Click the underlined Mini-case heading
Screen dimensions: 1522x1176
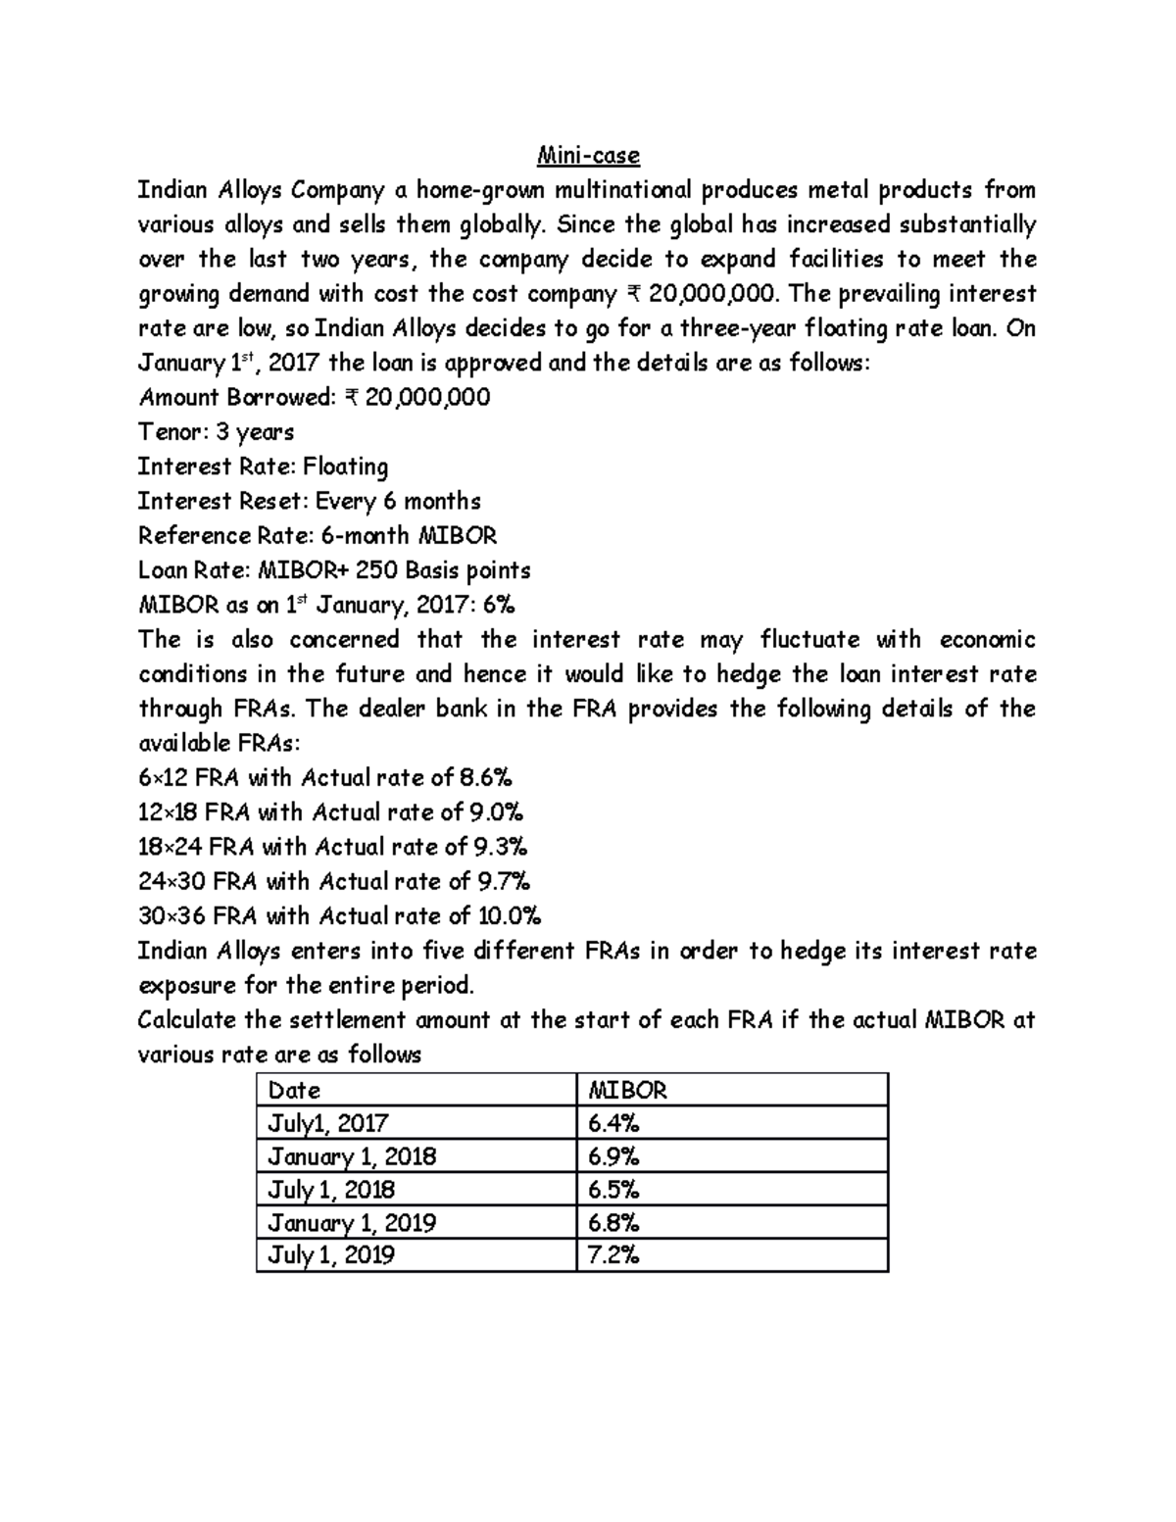(x=588, y=155)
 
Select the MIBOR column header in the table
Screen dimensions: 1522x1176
(x=626, y=1090)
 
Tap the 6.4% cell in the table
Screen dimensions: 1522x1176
(x=613, y=1123)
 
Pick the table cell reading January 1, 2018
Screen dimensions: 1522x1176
(x=352, y=1156)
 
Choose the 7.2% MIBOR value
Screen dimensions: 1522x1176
(x=613, y=1255)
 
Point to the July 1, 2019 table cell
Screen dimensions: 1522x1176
(x=331, y=1255)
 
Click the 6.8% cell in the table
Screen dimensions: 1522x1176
(x=613, y=1222)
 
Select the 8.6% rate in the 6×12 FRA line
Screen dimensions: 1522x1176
(x=485, y=778)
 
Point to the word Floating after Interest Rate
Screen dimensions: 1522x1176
(x=345, y=467)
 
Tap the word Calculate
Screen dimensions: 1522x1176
(x=187, y=1020)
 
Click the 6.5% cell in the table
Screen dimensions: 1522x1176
(x=613, y=1190)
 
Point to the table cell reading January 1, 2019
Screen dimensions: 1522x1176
(x=352, y=1222)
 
